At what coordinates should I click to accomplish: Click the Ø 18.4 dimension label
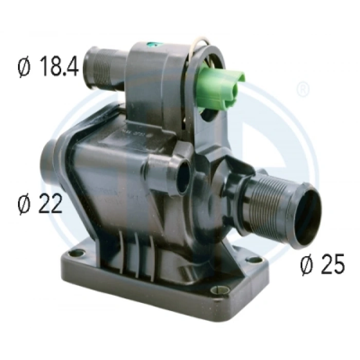click(48, 68)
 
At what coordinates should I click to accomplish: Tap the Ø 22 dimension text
click(40, 204)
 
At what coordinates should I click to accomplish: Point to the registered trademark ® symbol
click(304, 89)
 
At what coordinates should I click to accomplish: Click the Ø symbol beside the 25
click(307, 264)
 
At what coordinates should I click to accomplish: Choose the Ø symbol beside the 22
click(24, 204)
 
